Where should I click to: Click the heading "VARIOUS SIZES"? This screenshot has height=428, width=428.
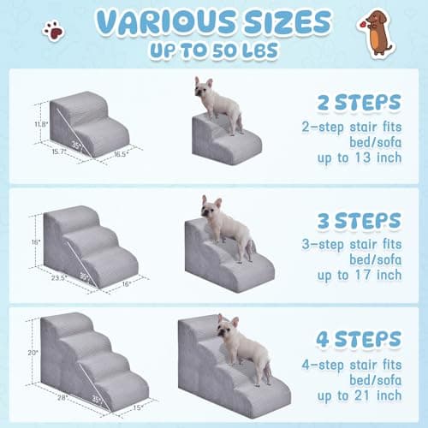coord(213,21)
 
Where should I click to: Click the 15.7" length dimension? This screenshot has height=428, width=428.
coord(57,152)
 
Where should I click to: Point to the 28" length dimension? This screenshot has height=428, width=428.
coord(62,397)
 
